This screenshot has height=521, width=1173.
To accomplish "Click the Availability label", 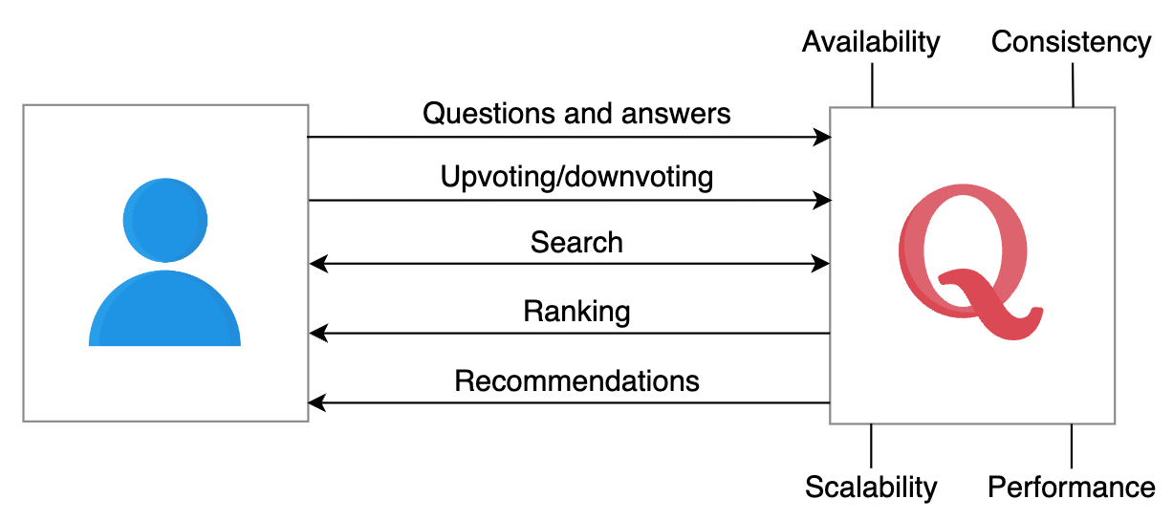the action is click(871, 43).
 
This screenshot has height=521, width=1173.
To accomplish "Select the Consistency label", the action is click(1071, 42).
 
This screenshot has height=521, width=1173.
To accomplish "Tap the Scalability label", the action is click(871, 488).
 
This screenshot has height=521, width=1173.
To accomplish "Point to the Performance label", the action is click(1072, 488).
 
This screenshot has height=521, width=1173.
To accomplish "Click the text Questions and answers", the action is click(576, 114).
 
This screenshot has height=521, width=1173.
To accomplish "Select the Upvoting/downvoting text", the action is click(576, 178).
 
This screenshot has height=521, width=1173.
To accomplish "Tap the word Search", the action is click(576, 242).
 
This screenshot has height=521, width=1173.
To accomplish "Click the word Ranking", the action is click(576, 312).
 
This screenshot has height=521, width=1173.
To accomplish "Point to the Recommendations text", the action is click(576, 380).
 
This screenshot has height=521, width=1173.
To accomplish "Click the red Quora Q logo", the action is click(968, 262).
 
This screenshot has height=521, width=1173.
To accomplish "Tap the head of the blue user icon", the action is click(165, 220).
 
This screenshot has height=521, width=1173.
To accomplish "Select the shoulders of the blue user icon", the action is click(164, 309).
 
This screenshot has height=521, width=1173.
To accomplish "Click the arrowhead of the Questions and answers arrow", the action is click(822, 138).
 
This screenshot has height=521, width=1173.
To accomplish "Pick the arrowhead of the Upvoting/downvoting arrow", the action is click(822, 200).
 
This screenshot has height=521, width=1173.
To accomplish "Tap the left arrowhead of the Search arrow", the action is click(318, 264).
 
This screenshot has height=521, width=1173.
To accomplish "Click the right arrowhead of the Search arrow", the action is click(820, 264).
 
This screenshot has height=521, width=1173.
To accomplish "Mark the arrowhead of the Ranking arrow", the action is click(318, 333).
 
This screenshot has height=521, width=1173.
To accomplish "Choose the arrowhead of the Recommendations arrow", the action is click(317, 402).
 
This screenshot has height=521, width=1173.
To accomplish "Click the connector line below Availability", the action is click(872, 85).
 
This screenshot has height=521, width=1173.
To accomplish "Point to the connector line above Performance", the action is click(1072, 446).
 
